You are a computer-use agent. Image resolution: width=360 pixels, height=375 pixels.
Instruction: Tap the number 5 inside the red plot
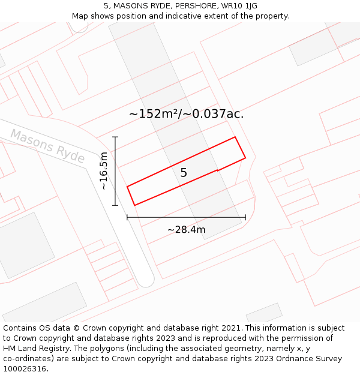point(184,173)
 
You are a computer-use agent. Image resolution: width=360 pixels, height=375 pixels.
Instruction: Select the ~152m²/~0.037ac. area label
point(186,113)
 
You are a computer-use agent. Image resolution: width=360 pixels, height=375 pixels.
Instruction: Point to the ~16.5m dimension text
point(104,171)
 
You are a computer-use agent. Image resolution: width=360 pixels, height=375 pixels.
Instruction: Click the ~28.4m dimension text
point(186,229)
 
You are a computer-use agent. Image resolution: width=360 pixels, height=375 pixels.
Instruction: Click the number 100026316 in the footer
point(24,368)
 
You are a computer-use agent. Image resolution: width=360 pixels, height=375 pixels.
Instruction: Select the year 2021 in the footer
point(231,328)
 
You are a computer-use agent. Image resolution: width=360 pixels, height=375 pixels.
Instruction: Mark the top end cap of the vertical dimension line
point(115,137)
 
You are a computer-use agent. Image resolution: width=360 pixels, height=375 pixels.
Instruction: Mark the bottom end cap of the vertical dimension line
point(115,205)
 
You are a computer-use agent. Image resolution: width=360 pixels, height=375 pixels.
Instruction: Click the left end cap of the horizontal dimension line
point(127,217)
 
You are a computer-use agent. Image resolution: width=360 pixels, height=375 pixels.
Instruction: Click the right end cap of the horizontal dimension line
point(245,217)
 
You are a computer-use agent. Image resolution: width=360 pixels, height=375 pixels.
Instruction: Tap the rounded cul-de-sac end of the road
point(146,280)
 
